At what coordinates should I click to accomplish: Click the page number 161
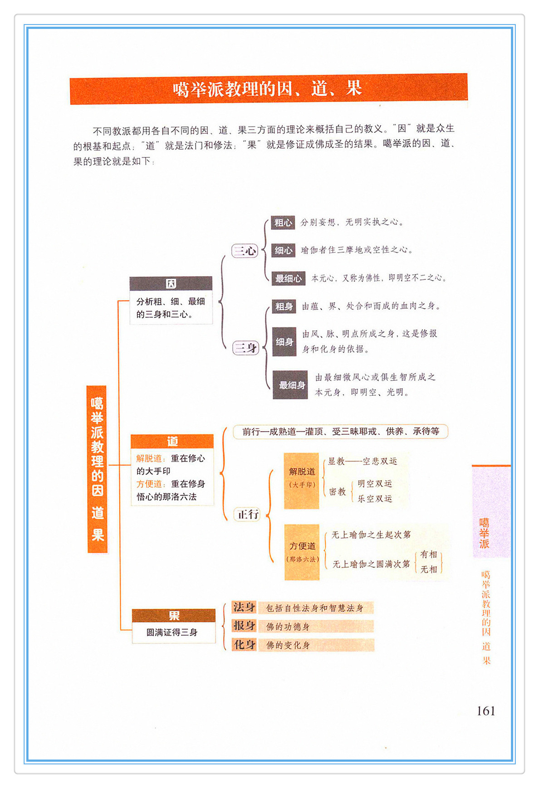(x=485, y=710)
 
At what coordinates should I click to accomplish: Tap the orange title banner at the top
(x=268, y=89)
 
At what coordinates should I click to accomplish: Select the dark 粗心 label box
(x=283, y=223)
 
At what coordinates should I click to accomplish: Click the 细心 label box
(x=283, y=250)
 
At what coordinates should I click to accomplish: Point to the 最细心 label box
(x=288, y=278)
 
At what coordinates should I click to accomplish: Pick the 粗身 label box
(x=284, y=306)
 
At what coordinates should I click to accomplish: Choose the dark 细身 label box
(x=284, y=342)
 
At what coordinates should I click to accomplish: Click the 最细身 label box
(x=290, y=385)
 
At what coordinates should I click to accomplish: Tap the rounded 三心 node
(x=245, y=251)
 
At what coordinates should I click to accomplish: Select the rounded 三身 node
(x=245, y=348)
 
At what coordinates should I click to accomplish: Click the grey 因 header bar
(x=171, y=283)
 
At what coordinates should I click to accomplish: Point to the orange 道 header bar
(x=172, y=441)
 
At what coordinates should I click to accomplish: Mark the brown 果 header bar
(x=174, y=615)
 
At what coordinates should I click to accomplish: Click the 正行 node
(x=248, y=514)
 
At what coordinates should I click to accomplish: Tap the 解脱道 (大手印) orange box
(x=302, y=481)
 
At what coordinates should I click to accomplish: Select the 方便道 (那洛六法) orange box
(x=302, y=552)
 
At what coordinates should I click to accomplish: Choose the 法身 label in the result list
(x=244, y=607)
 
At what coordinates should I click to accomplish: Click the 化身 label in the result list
(x=244, y=644)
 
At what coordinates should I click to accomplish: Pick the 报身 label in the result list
(x=244, y=626)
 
